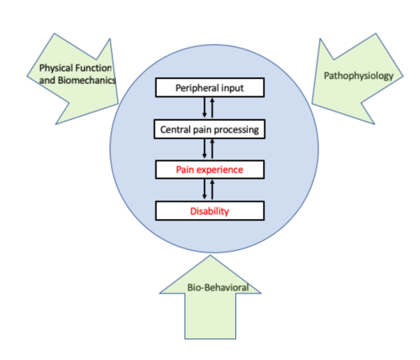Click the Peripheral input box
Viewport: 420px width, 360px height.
point(210,87)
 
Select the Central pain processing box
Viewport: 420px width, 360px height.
point(209,129)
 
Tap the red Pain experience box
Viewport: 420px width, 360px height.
point(210,170)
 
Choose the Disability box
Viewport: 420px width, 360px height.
point(210,211)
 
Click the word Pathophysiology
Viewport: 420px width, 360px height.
point(359,76)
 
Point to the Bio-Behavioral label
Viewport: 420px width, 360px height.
point(218,287)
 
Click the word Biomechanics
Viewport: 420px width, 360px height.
point(87,81)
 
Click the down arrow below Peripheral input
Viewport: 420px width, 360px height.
point(204,107)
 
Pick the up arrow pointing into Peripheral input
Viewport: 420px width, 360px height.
point(213,107)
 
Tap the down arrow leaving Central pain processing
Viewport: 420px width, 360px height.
point(204,149)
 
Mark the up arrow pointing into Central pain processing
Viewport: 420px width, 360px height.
point(213,149)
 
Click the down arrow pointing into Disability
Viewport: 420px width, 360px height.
point(204,189)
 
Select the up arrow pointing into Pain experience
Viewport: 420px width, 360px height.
point(213,190)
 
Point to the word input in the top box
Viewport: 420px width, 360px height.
point(233,88)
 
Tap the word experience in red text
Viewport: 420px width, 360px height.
point(221,170)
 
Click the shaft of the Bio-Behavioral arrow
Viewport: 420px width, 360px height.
point(210,316)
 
